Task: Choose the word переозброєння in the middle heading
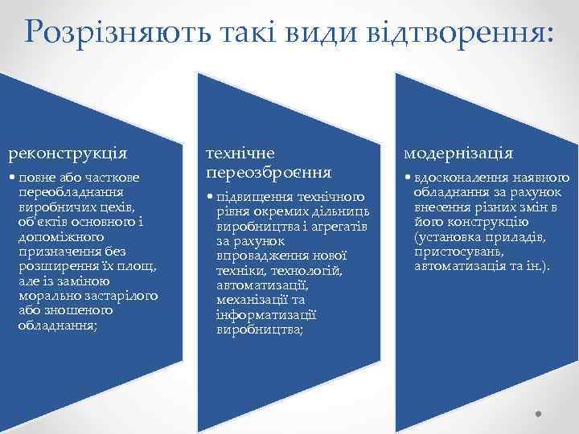tap(268, 171)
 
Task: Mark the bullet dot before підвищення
tap(210, 197)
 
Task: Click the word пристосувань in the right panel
tap(455, 252)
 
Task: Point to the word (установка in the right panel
tap(446, 238)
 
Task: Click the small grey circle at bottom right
tap(539, 416)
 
